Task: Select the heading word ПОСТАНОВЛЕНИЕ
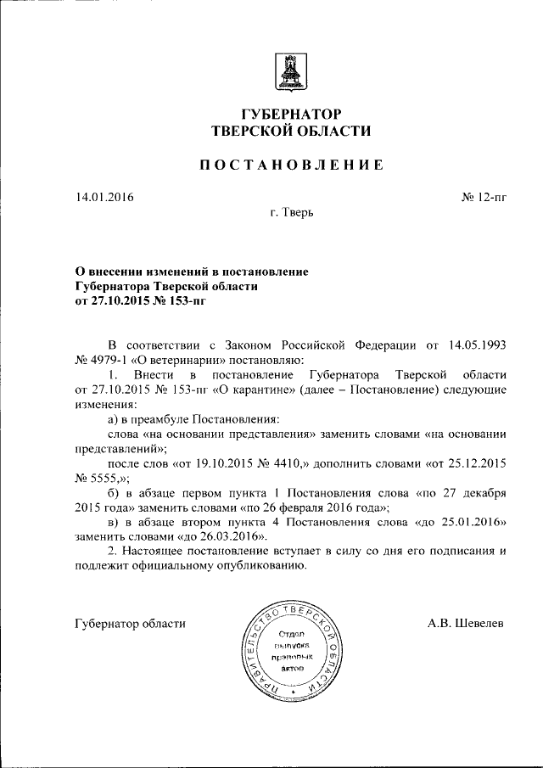tap(291, 165)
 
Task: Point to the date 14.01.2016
tap(104, 197)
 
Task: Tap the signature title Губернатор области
tap(130, 623)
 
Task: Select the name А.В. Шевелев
tap(466, 623)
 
